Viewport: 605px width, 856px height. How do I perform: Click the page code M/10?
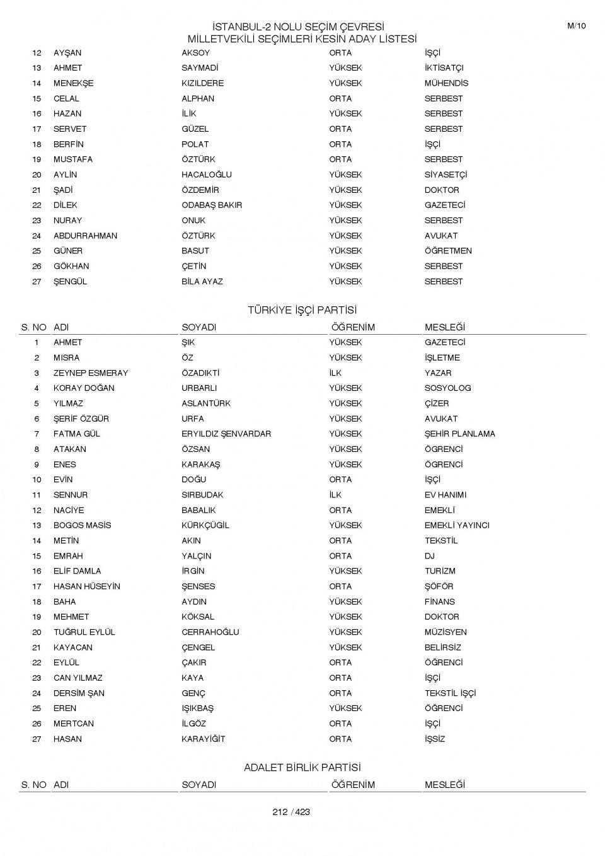[x=576, y=26]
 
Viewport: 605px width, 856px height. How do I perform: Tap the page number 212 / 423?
[x=291, y=812]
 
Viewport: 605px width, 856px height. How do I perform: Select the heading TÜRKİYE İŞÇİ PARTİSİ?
[x=302, y=310]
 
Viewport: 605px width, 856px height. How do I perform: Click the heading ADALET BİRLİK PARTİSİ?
[x=302, y=768]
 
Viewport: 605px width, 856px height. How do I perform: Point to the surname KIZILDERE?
[x=202, y=83]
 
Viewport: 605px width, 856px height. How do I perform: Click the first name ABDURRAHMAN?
[x=85, y=236]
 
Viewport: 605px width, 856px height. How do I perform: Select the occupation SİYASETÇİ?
[x=446, y=175]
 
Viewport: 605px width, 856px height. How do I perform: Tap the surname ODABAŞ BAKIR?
[x=212, y=205]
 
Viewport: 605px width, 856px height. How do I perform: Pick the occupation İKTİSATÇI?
[x=444, y=68]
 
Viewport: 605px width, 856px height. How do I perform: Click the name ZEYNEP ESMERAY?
[x=91, y=373]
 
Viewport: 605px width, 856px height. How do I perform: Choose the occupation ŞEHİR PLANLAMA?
[x=459, y=434]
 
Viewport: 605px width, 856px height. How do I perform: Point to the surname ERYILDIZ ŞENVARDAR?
[x=226, y=434]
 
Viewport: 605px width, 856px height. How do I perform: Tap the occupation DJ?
[x=429, y=556]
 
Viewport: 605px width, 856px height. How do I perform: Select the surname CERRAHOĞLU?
[x=210, y=632]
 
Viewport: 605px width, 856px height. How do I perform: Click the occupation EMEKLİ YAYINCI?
[x=456, y=525]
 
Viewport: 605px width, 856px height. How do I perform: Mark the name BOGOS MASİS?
[x=82, y=525]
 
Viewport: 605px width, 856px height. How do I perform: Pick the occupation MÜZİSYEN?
[x=446, y=632]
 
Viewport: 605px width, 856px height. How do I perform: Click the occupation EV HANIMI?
[x=446, y=495]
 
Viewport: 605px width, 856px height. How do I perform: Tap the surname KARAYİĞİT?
[x=203, y=739]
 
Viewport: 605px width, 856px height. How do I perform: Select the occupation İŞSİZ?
[x=434, y=739]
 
